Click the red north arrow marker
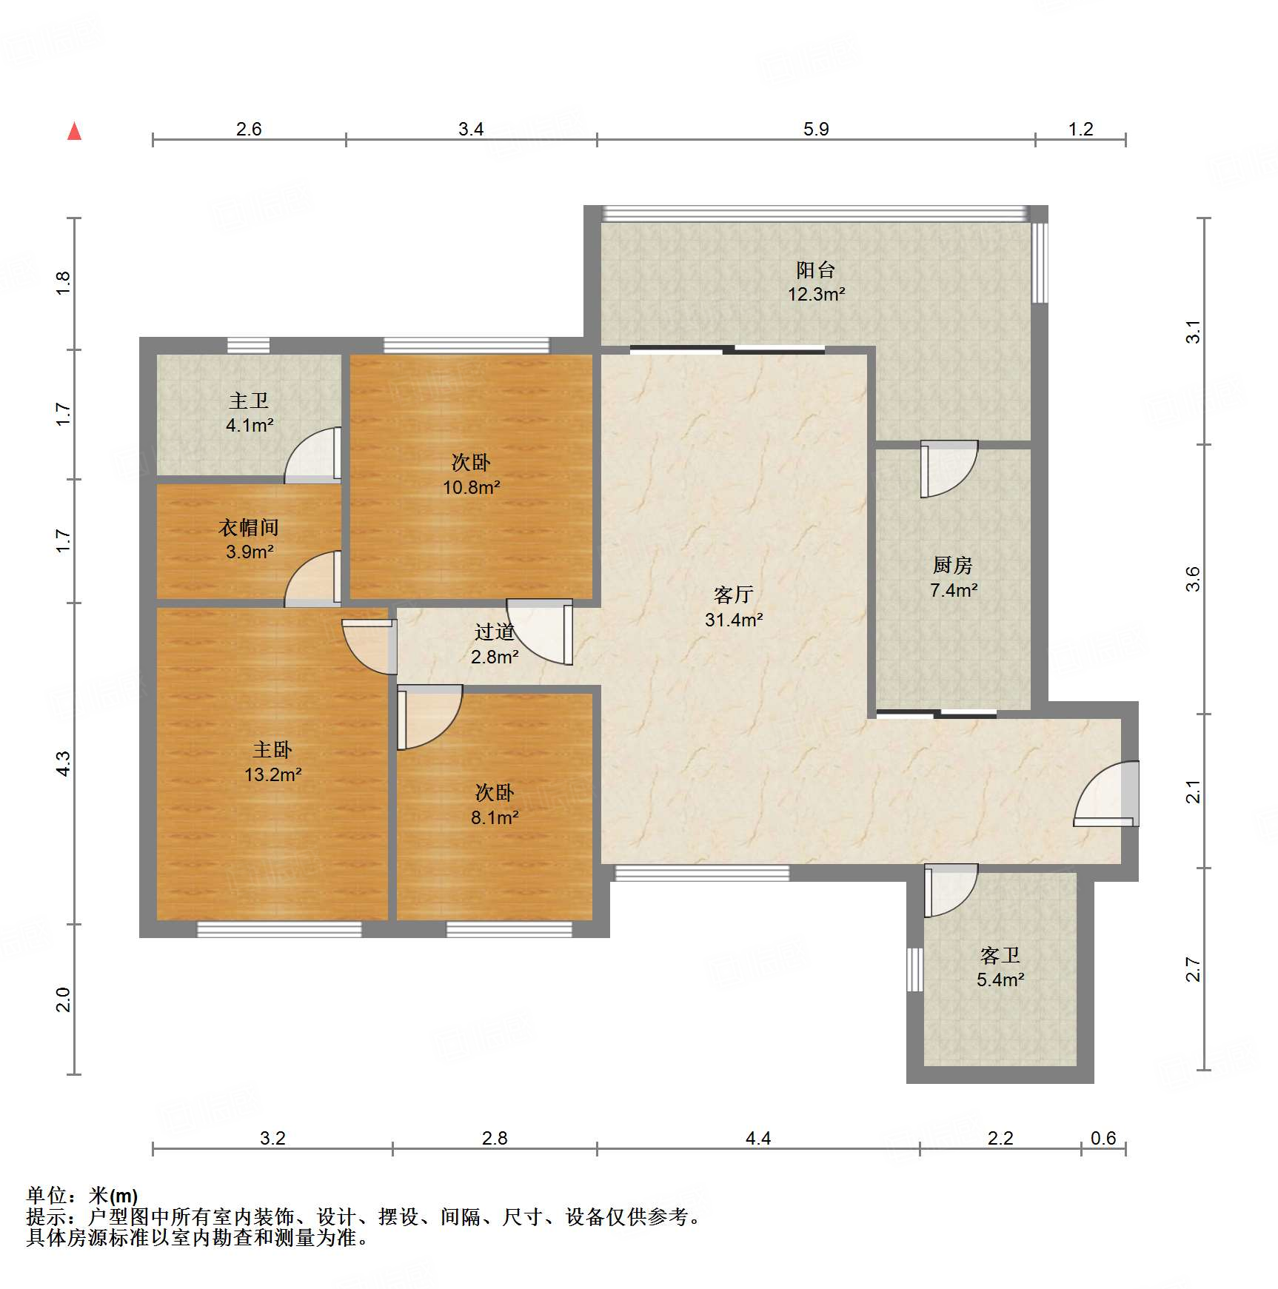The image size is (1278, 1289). pos(74,131)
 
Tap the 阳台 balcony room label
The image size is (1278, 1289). pos(816,269)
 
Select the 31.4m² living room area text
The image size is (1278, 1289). pos(734,620)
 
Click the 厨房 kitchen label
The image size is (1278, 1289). pos(953,566)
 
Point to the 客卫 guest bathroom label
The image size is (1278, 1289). pos(1000,955)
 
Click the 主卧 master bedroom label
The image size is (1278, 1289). pos(272,750)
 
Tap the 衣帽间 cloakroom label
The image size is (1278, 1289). pos(249,527)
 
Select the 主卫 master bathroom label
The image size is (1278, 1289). pos(249,401)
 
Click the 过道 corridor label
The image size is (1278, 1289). pos(495,632)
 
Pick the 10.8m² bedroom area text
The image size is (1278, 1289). pos(472,487)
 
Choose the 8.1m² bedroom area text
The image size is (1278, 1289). pos(495,817)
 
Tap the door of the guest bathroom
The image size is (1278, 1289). pos(951,891)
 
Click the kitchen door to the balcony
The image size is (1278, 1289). pos(949,469)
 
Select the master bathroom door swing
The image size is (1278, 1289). pos(313,455)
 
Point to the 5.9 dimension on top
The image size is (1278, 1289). pos(816,129)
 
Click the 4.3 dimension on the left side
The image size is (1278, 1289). pos(64,763)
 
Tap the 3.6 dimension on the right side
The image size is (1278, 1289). pos(1192,579)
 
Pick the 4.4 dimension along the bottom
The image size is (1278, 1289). pos(758,1138)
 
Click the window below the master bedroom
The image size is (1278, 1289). pos(279,929)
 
